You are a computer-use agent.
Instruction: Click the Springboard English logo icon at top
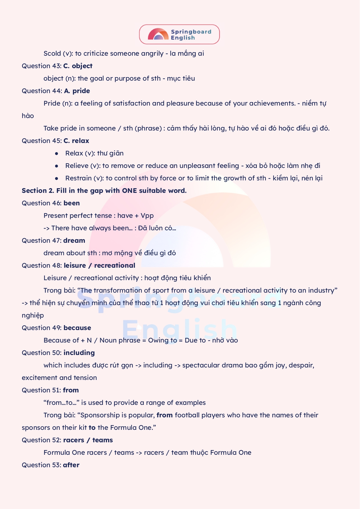tap(158, 34)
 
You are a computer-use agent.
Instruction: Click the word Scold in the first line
tap(52, 54)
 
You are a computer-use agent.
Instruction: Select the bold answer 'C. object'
tap(78, 66)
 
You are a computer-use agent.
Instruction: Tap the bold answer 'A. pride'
tap(77, 91)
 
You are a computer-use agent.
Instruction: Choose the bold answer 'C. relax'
tap(76, 141)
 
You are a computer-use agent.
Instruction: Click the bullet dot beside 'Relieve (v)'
tap(57, 166)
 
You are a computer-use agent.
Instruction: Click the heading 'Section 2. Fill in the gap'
tap(104, 191)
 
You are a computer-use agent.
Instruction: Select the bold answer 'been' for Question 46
tap(72, 203)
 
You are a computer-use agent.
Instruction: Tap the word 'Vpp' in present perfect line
tap(147, 216)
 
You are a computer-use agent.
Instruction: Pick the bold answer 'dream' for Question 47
tap(74, 241)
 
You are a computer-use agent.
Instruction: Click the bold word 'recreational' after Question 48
tap(115, 266)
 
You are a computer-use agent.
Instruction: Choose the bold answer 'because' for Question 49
tap(77, 328)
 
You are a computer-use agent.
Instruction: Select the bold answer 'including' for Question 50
tap(79, 353)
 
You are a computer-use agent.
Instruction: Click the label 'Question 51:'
tap(41, 390)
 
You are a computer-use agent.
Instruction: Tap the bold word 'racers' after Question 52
tap(74, 440)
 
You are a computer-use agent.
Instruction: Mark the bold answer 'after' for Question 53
tap(71, 465)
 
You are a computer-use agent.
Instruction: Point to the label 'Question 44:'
tap(42, 91)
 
